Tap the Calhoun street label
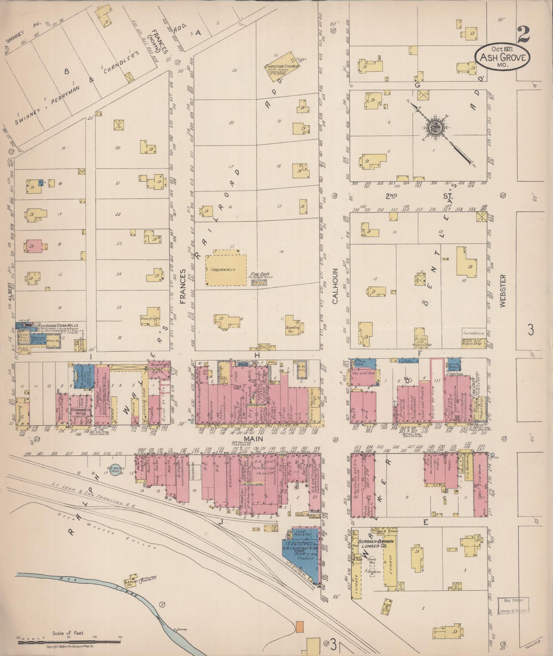335,286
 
